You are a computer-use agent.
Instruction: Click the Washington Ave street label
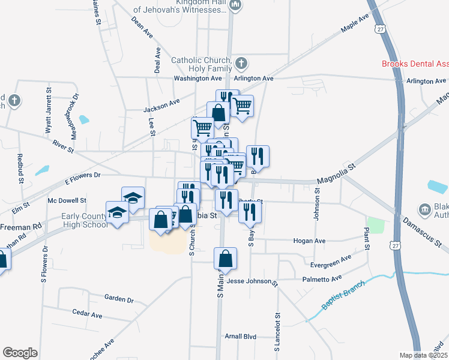point(198,78)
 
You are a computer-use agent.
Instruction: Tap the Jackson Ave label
point(161,106)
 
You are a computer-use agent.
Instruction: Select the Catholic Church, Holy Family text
point(201,64)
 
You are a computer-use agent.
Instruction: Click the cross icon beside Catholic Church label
point(241,62)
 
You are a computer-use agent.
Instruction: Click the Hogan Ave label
point(309,241)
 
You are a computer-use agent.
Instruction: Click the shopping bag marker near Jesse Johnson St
point(226,259)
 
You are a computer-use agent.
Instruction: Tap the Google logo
point(20,352)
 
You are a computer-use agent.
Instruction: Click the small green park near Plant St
point(375,226)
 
